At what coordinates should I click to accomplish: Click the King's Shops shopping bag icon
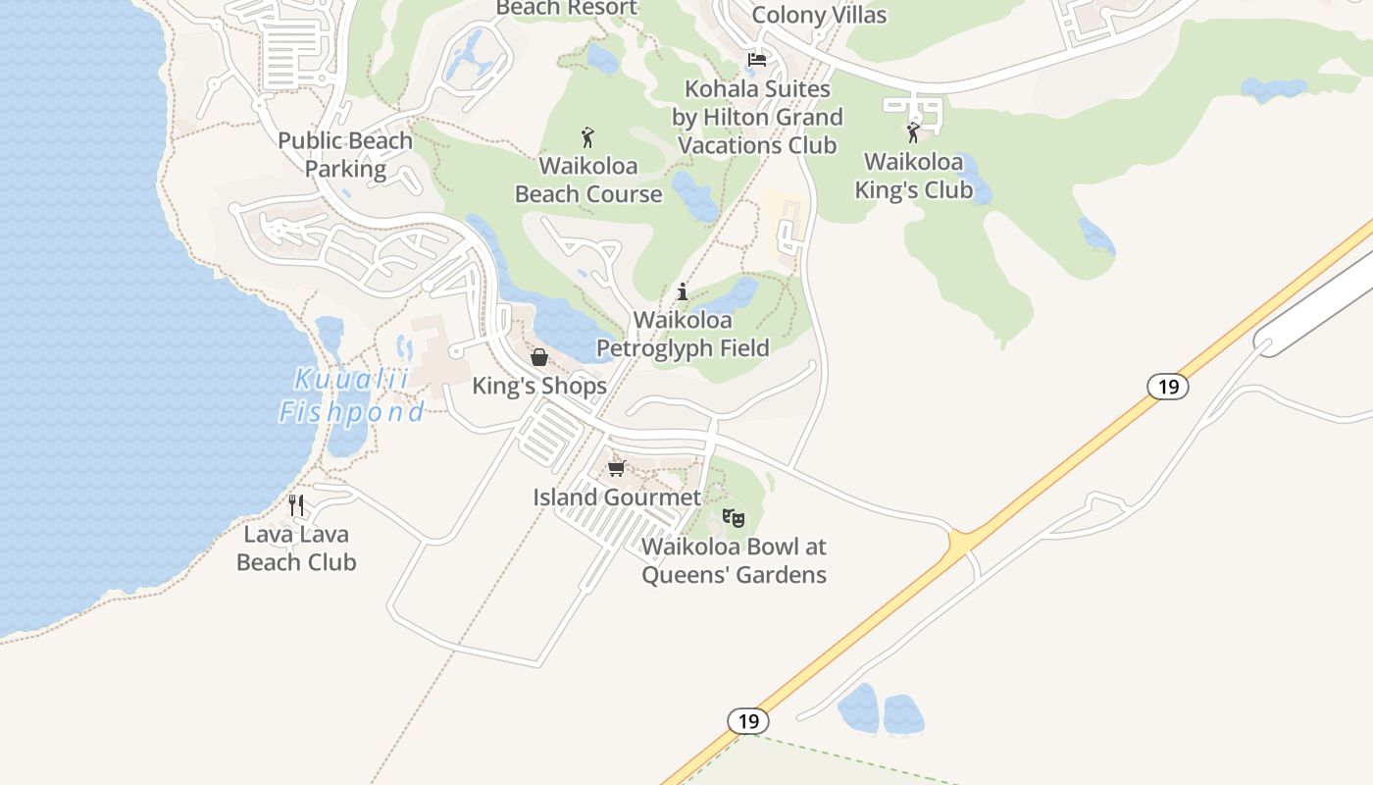[x=538, y=357]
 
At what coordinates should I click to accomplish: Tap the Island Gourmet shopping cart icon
[x=616, y=469]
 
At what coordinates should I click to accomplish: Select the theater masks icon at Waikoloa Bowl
[x=733, y=516]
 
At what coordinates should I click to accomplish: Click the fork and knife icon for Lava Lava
[x=296, y=505]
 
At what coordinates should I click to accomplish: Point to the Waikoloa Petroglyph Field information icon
[x=683, y=291]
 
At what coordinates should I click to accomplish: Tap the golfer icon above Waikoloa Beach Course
[x=587, y=137]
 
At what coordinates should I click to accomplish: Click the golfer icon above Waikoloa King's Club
[x=913, y=132]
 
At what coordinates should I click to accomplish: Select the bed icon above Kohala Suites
[x=756, y=60]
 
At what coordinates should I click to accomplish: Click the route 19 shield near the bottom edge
[x=748, y=721]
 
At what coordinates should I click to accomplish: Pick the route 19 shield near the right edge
[x=1168, y=387]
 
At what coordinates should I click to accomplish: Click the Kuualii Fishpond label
[x=352, y=395]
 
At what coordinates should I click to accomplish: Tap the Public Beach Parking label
[x=345, y=154]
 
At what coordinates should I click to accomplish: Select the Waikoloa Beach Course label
[x=588, y=180]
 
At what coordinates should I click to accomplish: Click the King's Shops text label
[x=539, y=386]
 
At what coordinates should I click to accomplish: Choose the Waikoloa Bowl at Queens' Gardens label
[x=734, y=560]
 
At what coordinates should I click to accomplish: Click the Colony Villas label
[x=819, y=15]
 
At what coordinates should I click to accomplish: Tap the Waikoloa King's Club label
[x=914, y=176]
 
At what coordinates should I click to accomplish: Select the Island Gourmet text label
[x=617, y=497]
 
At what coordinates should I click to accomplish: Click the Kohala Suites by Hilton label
[x=757, y=117]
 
